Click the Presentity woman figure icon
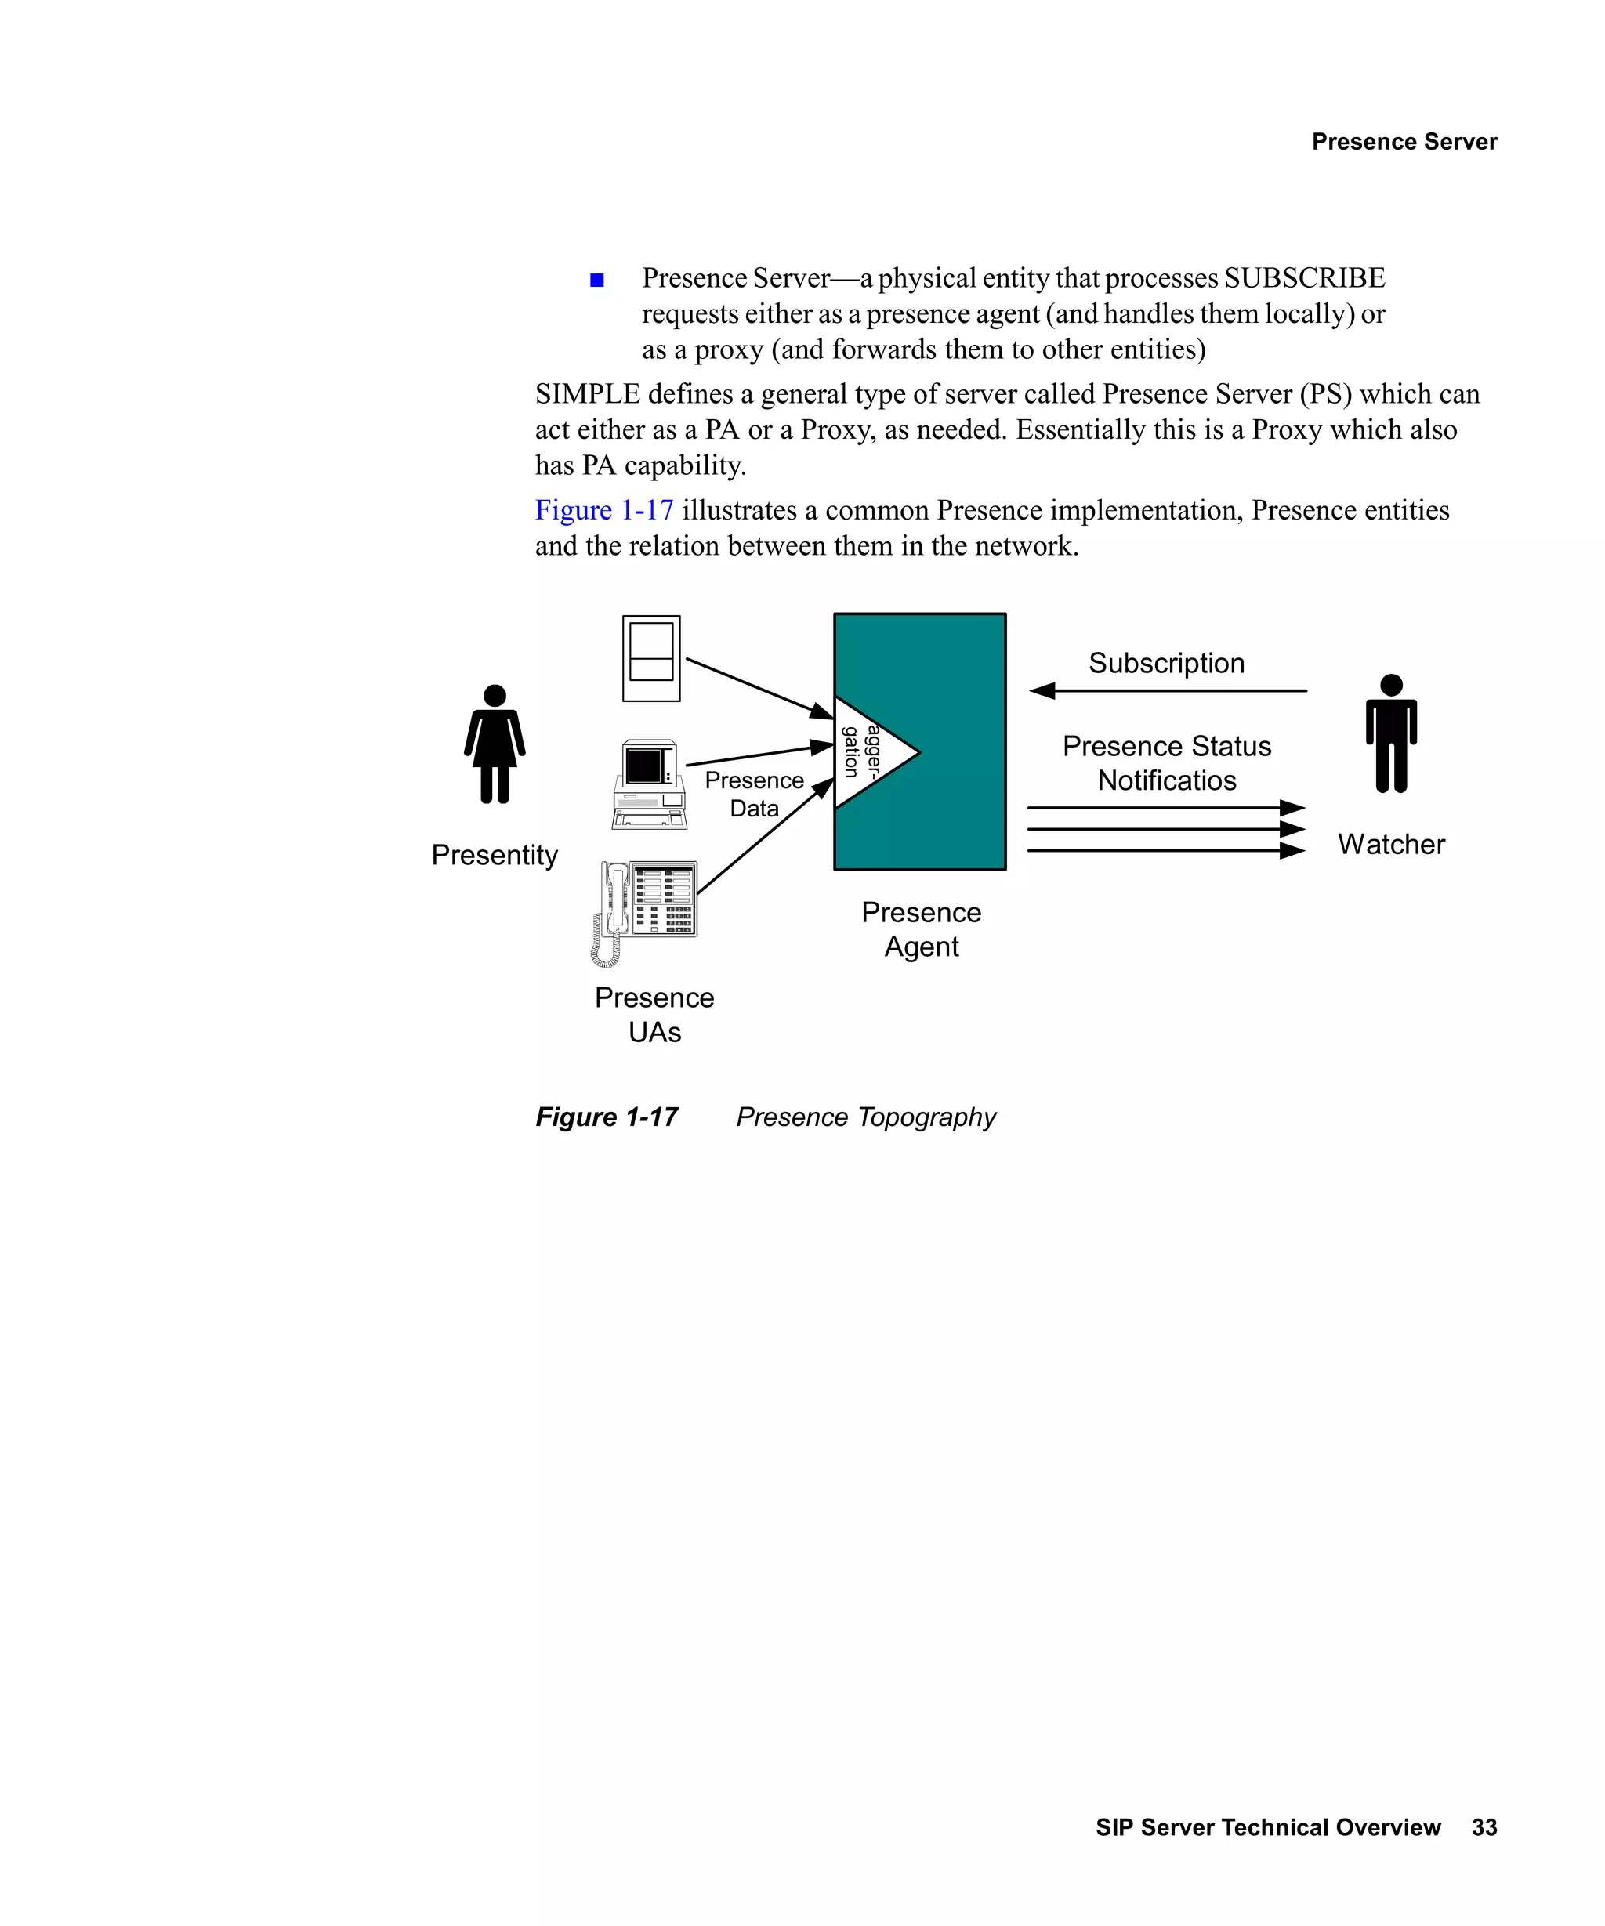point(495,744)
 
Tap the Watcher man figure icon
point(1390,733)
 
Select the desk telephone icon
point(646,910)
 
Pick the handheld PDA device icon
point(651,658)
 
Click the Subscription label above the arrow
point(1165,663)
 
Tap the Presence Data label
point(754,795)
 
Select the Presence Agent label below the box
point(921,929)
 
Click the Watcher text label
point(1390,844)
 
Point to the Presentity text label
point(495,855)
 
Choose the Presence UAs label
point(654,1015)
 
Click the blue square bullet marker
point(597,280)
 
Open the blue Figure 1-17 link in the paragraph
point(603,510)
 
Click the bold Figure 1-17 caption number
point(607,1117)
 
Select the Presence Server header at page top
point(1404,141)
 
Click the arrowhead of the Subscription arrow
point(1042,690)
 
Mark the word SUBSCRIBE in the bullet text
point(1304,278)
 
